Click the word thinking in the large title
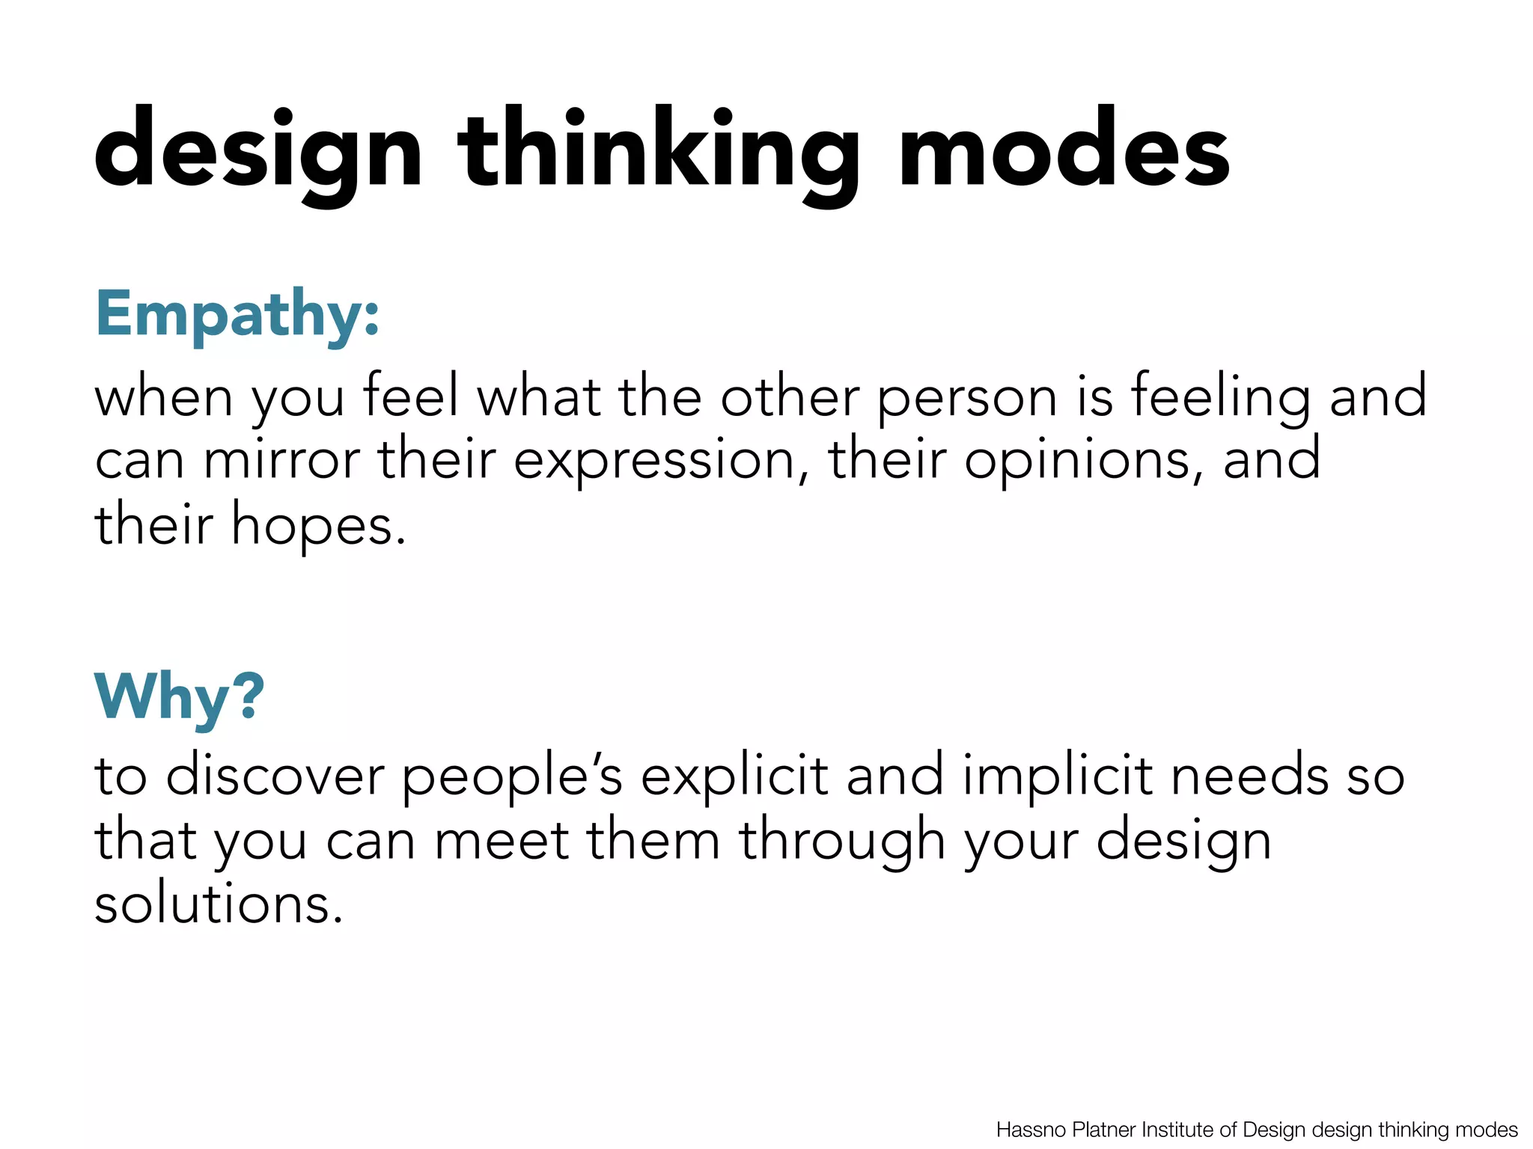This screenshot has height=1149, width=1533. (x=659, y=150)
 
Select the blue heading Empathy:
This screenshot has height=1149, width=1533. (x=237, y=314)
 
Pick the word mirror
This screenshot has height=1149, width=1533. (x=281, y=460)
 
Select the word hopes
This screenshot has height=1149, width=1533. (x=318, y=526)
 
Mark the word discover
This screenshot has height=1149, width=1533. (x=275, y=776)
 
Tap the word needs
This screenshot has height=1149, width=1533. (x=1249, y=776)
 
